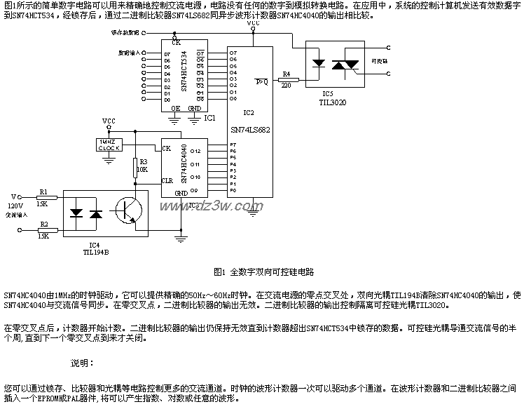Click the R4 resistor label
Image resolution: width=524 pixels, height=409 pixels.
pos(285,74)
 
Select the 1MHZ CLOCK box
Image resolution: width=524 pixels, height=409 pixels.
pos(108,145)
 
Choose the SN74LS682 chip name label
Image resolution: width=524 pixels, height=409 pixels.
pos(249,130)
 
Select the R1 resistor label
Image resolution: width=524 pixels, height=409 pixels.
pos(43,191)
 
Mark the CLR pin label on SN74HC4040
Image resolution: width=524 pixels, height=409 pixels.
pos(167,180)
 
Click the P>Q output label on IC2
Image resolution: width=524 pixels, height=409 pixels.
pos(261,81)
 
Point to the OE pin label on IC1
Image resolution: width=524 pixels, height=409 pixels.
pos(176,108)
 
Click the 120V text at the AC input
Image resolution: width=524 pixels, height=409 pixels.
pos(15,206)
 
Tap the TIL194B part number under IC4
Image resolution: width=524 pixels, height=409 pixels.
pos(97,250)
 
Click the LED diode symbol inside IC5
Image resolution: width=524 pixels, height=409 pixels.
pos(318,63)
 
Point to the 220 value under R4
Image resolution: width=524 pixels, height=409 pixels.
pos(286,86)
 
